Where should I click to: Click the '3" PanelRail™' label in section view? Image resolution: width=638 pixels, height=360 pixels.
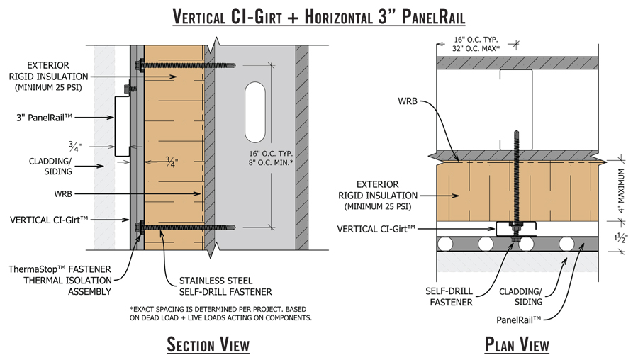54,116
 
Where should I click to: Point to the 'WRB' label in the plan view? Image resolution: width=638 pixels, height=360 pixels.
405,102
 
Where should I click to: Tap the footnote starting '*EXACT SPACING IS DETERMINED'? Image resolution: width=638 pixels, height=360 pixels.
220,313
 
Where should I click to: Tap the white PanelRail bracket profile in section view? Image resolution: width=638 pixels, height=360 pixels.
121,128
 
